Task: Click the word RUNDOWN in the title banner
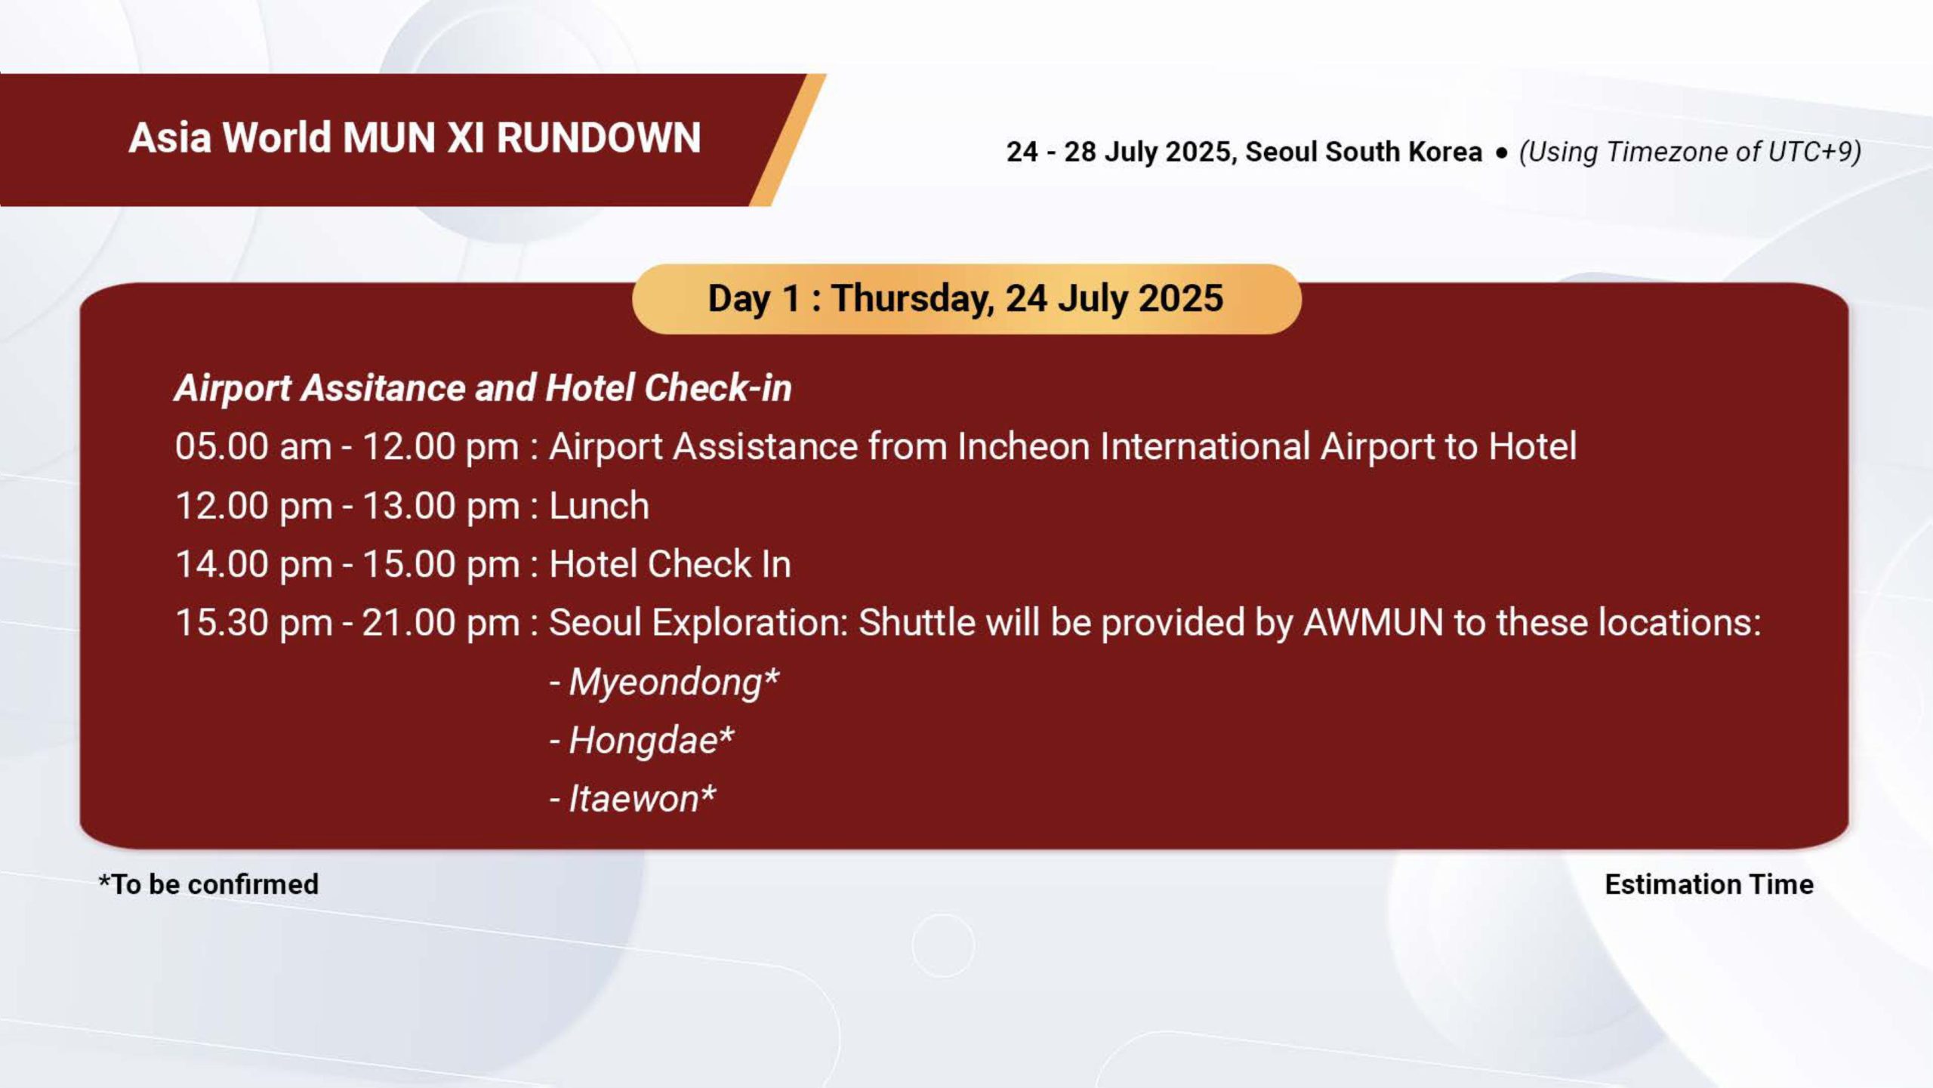(599, 138)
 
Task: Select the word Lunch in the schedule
(599, 505)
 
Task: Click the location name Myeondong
(665, 683)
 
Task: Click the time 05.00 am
(253, 446)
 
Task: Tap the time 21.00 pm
(441, 624)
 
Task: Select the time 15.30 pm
(254, 624)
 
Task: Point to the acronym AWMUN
(1373, 623)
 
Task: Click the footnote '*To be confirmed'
(208, 884)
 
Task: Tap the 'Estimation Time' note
(1709, 884)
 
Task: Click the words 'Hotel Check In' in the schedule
(670, 564)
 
